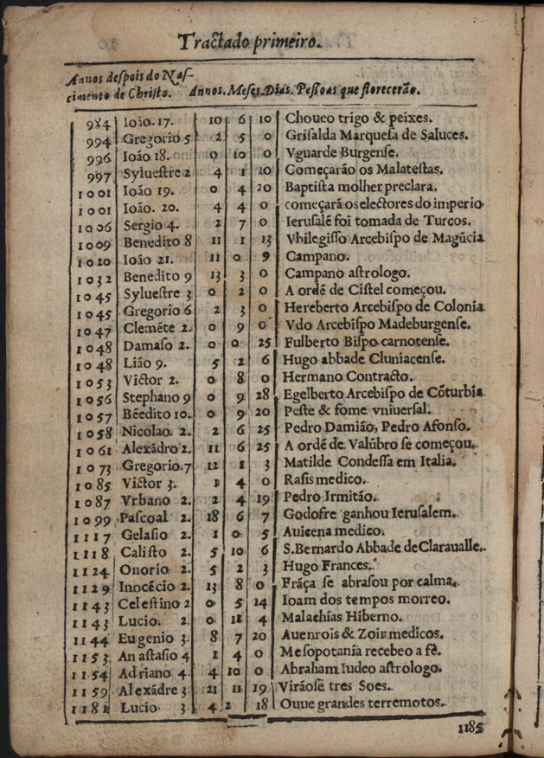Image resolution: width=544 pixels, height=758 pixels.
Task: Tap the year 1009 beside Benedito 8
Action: click(93, 243)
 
